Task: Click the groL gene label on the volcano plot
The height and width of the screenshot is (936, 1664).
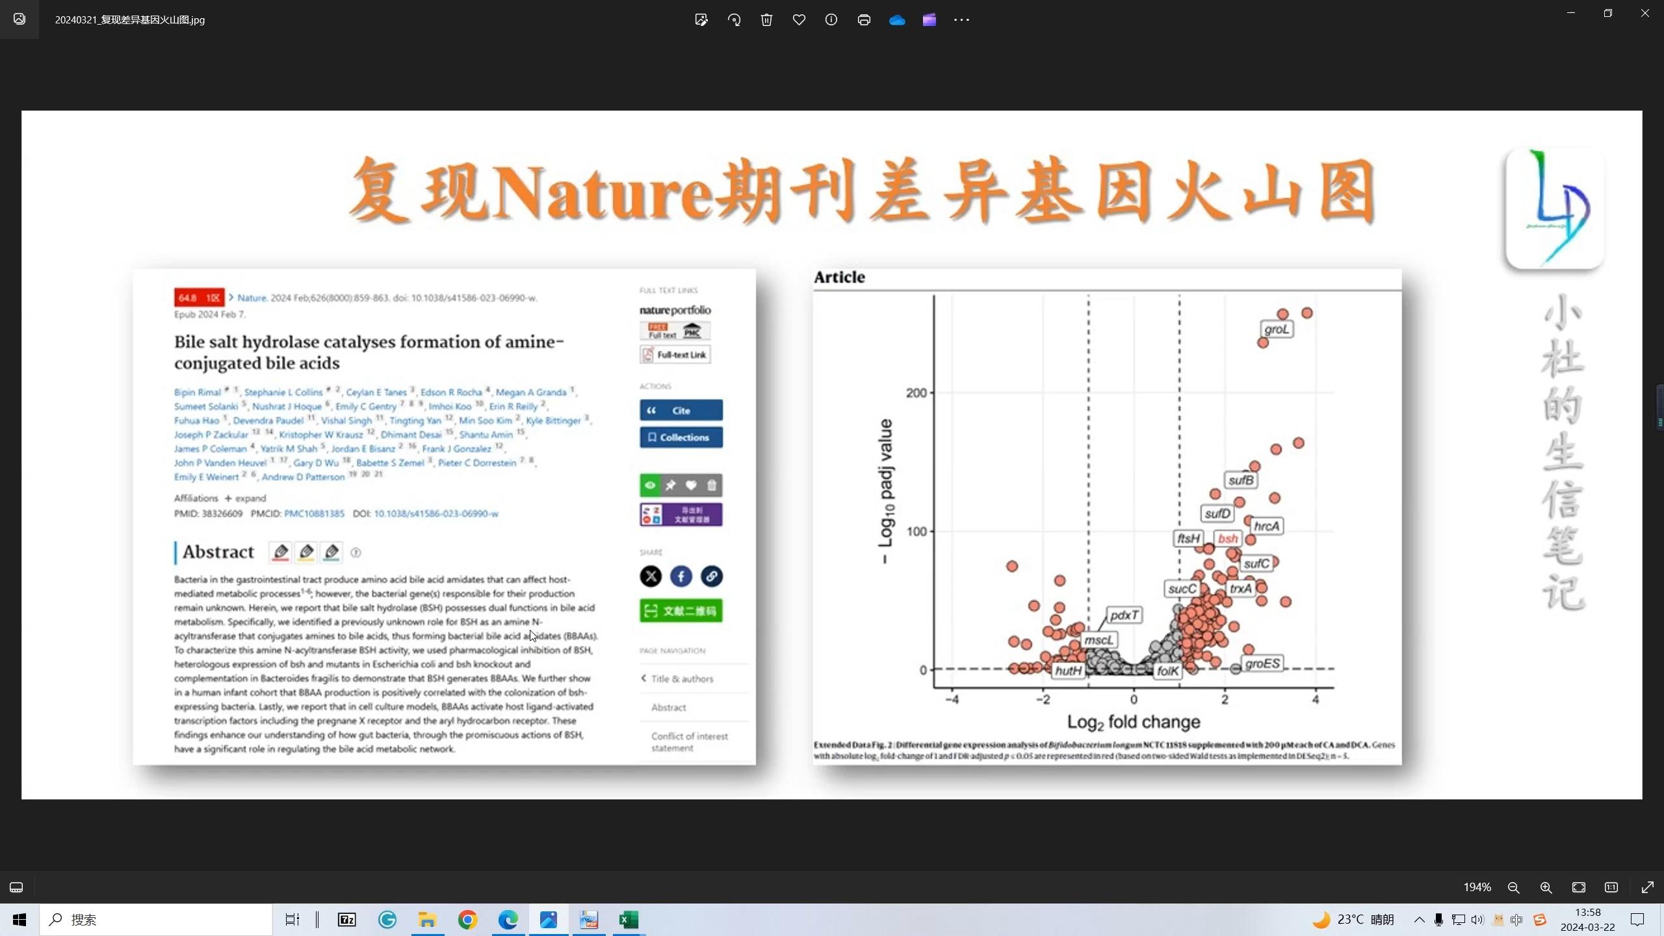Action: [1276, 330]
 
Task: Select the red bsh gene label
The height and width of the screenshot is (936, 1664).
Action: [1227, 539]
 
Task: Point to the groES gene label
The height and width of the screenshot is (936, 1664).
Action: [1262, 664]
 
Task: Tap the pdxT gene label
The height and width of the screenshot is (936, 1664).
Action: [1124, 615]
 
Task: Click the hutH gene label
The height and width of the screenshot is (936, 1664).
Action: [1068, 671]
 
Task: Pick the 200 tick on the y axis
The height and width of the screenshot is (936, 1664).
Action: [916, 393]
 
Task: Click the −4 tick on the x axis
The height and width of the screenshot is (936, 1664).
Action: [952, 700]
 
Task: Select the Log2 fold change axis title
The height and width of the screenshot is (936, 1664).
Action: [1133, 722]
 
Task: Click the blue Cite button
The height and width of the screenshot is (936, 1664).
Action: [681, 411]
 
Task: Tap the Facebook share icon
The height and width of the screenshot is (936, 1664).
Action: [681, 577]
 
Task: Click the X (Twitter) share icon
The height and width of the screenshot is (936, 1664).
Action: [651, 577]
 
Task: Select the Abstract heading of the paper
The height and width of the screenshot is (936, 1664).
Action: [218, 552]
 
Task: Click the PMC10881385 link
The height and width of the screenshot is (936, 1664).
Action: [314, 513]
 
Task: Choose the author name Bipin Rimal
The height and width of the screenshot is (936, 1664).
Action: [198, 393]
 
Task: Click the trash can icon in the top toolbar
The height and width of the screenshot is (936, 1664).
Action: [766, 19]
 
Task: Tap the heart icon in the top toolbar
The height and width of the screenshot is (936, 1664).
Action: [799, 19]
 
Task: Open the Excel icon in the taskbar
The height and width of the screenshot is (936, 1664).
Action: [629, 920]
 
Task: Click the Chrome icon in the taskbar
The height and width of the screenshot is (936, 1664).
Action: [467, 920]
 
